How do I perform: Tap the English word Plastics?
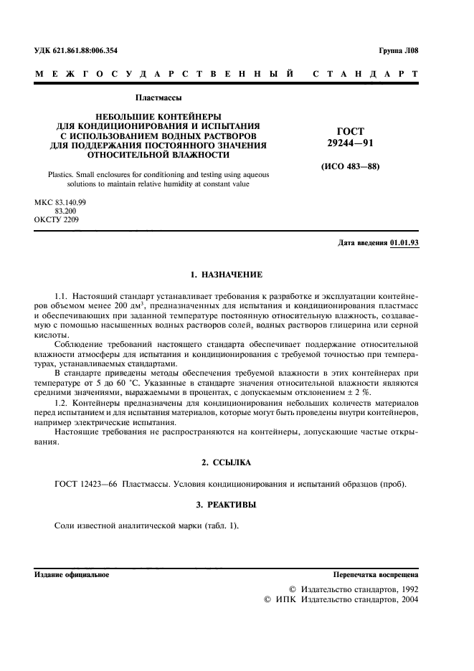(62, 174)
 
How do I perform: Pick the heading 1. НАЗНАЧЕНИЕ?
(226, 275)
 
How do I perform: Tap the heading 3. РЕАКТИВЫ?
(226, 505)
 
